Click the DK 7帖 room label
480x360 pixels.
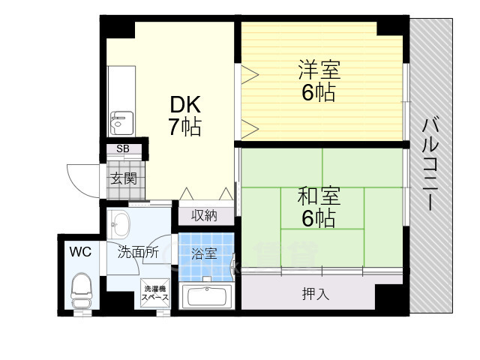click(184, 115)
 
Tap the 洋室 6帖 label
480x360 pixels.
click(319, 82)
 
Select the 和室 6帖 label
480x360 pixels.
click(319, 208)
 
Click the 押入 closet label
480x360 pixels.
click(316, 293)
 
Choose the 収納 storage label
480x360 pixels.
click(204, 216)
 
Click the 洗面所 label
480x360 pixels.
click(138, 253)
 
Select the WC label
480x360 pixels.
click(80, 252)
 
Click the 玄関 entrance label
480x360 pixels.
click(124, 178)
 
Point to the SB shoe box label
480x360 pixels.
click(123, 149)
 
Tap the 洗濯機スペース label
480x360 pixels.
click(157, 292)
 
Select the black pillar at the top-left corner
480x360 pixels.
click(117, 27)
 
